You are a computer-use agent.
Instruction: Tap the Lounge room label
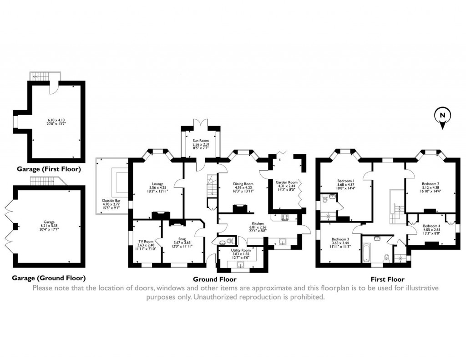coord(157,184)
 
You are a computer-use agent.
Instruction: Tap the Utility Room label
coord(241,250)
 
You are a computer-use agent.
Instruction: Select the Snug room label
coord(182,238)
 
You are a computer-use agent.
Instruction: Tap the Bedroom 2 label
coord(430,184)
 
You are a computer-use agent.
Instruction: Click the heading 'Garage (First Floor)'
coord(49,169)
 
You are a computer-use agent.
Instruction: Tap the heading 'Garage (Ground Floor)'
coord(49,278)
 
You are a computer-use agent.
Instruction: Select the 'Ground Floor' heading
coord(214,279)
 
